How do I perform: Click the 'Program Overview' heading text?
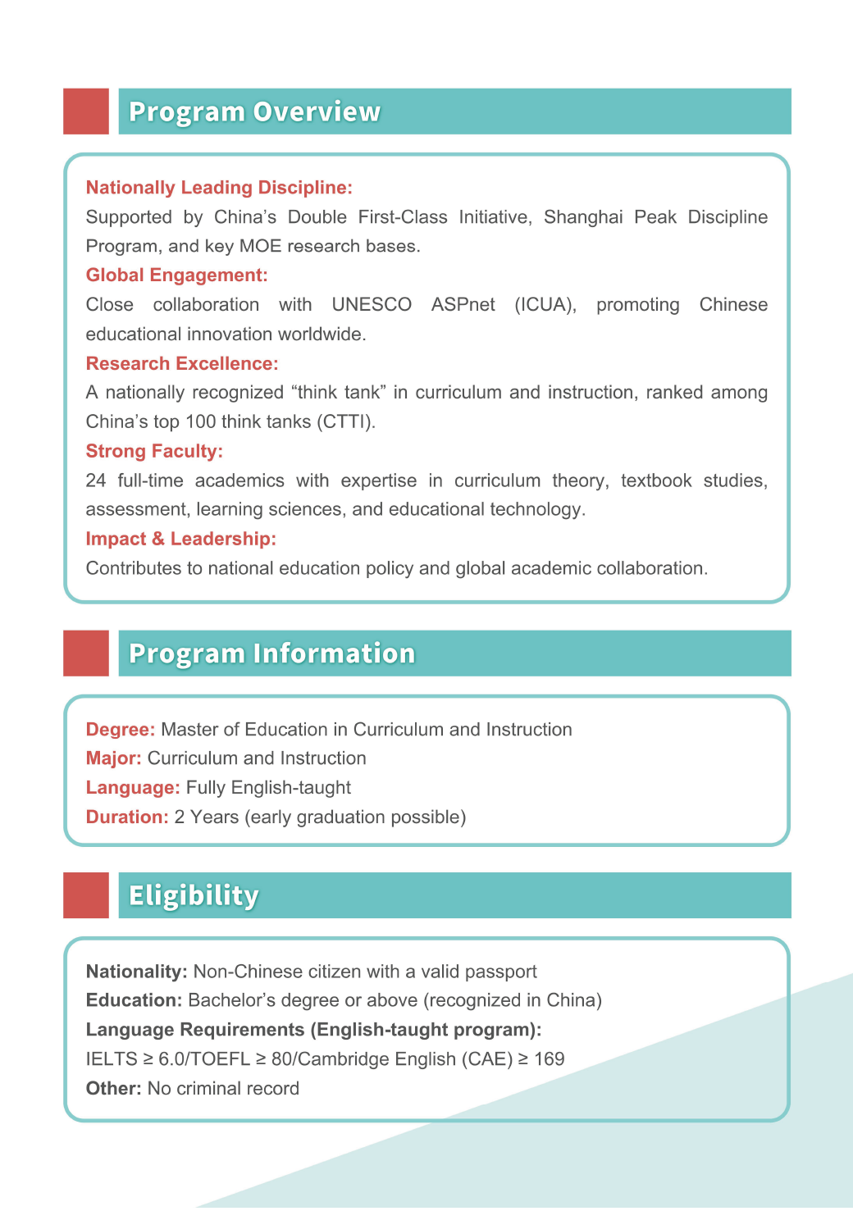pyautogui.click(x=254, y=112)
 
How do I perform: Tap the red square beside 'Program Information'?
pyautogui.click(x=86, y=653)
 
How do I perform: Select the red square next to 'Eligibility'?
pyautogui.click(x=86, y=895)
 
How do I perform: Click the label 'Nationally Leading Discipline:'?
pyautogui.click(x=219, y=188)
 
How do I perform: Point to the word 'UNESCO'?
pyautogui.click(x=372, y=305)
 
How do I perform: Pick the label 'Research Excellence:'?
pyautogui.click(x=182, y=364)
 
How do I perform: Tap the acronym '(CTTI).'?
pyautogui.click(x=347, y=422)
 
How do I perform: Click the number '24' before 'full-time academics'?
pyautogui.click(x=96, y=480)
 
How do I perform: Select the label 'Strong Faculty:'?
pyautogui.click(x=154, y=452)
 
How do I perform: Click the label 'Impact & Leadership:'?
pyautogui.click(x=180, y=539)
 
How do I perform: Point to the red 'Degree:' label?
pyautogui.click(x=121, y=730)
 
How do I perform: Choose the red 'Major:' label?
pyautogui.click(x=114, y=758)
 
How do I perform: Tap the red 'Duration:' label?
pyautogui.click(x=127, y=817)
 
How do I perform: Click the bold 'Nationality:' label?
pyautogui.click(x=137, y=972)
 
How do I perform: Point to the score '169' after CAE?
pyautogui.click(x=549, y=1059)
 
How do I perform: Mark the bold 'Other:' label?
pyautogui.click(x=114, y=1089)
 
